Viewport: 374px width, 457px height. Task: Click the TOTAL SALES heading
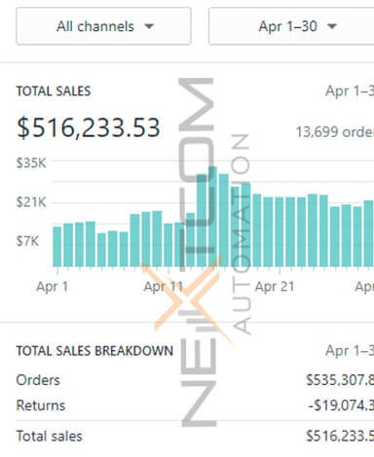tap(54, 91)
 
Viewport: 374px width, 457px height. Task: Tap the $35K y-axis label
tap(31, 163)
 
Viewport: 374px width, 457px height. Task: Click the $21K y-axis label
tap(31, 201)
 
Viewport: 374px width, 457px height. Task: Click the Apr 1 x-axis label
tap(52, 287)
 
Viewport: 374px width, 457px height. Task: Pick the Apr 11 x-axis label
tap(163, 287)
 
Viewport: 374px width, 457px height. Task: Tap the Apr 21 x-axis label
tap(274, 287)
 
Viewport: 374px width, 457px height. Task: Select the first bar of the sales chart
tap(56, 246)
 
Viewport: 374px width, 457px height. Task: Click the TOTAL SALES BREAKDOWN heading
tap(94, 351)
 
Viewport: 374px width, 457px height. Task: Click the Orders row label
tap(38, 380)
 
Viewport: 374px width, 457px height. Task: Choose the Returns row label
tap(41, 406)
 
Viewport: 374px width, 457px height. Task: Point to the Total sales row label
tap(49, 438)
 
